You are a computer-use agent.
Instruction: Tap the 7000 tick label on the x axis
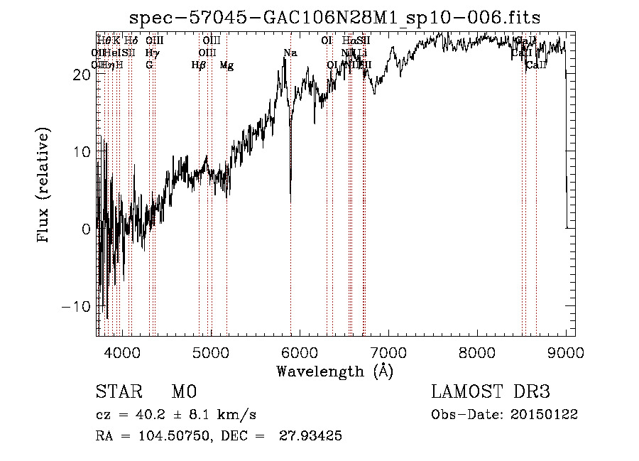(388, 352)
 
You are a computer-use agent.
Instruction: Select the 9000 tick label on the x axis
(566, 352)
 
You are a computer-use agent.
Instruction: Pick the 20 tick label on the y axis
(80, 74)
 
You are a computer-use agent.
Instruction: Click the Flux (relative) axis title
(44, 185)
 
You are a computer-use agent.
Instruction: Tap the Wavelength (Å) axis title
(334, 371)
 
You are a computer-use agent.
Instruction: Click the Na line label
(290, 53)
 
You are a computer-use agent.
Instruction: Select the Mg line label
(226, 65)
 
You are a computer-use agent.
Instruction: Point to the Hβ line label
(199, 65)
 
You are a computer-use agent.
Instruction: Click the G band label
(149, 65)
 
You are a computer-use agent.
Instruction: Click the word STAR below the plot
(118, 392)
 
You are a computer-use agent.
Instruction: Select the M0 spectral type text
(183, 392)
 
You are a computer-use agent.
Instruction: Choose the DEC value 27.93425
(313, 436)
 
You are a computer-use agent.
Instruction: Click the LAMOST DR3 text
(490, 392)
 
